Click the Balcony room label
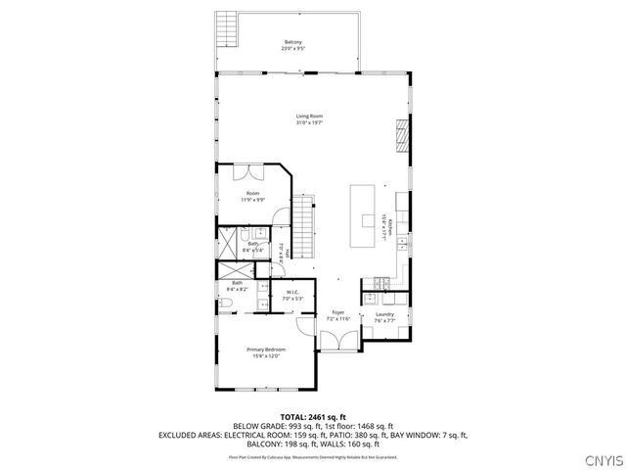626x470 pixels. [x=292, y=42]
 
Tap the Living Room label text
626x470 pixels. [x=309, y=117]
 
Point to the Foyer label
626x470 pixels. [x=337, y=313]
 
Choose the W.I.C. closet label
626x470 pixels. [x=292, y=292]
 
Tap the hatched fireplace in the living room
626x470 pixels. [x=400, y=134]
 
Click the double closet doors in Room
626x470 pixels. [x=252, y=171]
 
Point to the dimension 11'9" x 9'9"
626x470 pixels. [x=252, y=200]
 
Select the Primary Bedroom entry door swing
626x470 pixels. [x=300, y=320]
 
